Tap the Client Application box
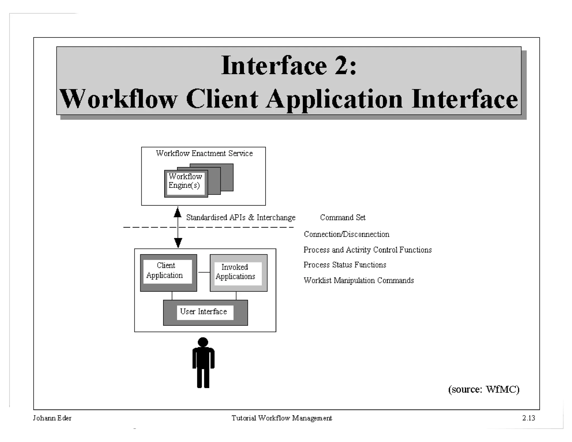168,272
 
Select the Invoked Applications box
238,273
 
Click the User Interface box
205,312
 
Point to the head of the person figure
203,342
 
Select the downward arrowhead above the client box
178,242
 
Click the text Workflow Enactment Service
204,153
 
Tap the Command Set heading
343,217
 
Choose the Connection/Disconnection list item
346,234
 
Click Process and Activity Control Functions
367,250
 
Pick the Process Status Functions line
345,265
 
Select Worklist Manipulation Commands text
359,281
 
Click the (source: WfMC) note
483,389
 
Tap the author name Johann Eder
52,418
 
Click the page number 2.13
528,418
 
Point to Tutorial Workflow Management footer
282,418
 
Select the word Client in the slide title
222,99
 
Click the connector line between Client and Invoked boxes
204,272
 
